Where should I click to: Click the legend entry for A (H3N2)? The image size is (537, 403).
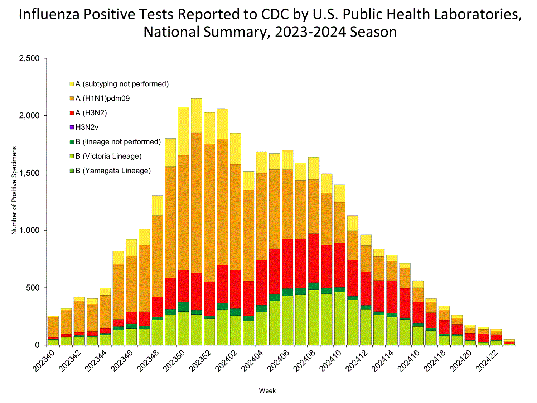coord(91,113)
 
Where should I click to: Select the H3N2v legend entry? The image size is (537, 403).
coord(87,128)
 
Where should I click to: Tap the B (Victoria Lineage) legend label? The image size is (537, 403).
coord(108,157)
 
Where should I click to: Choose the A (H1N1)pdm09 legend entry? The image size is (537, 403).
coord(102,99)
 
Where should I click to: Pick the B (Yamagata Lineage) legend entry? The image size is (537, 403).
coord(113,171)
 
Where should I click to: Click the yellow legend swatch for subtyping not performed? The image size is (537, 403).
coord(72,84)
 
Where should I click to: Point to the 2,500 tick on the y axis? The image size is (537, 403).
coord(29,58)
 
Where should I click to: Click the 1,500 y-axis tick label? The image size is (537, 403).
coord(29,173)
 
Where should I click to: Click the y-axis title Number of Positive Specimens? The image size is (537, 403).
coord(14,190)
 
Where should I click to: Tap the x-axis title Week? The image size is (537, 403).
coord(267,391)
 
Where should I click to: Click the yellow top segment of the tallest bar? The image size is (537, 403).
coord(196,115)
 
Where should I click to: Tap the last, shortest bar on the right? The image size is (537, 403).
coord(509,342)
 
